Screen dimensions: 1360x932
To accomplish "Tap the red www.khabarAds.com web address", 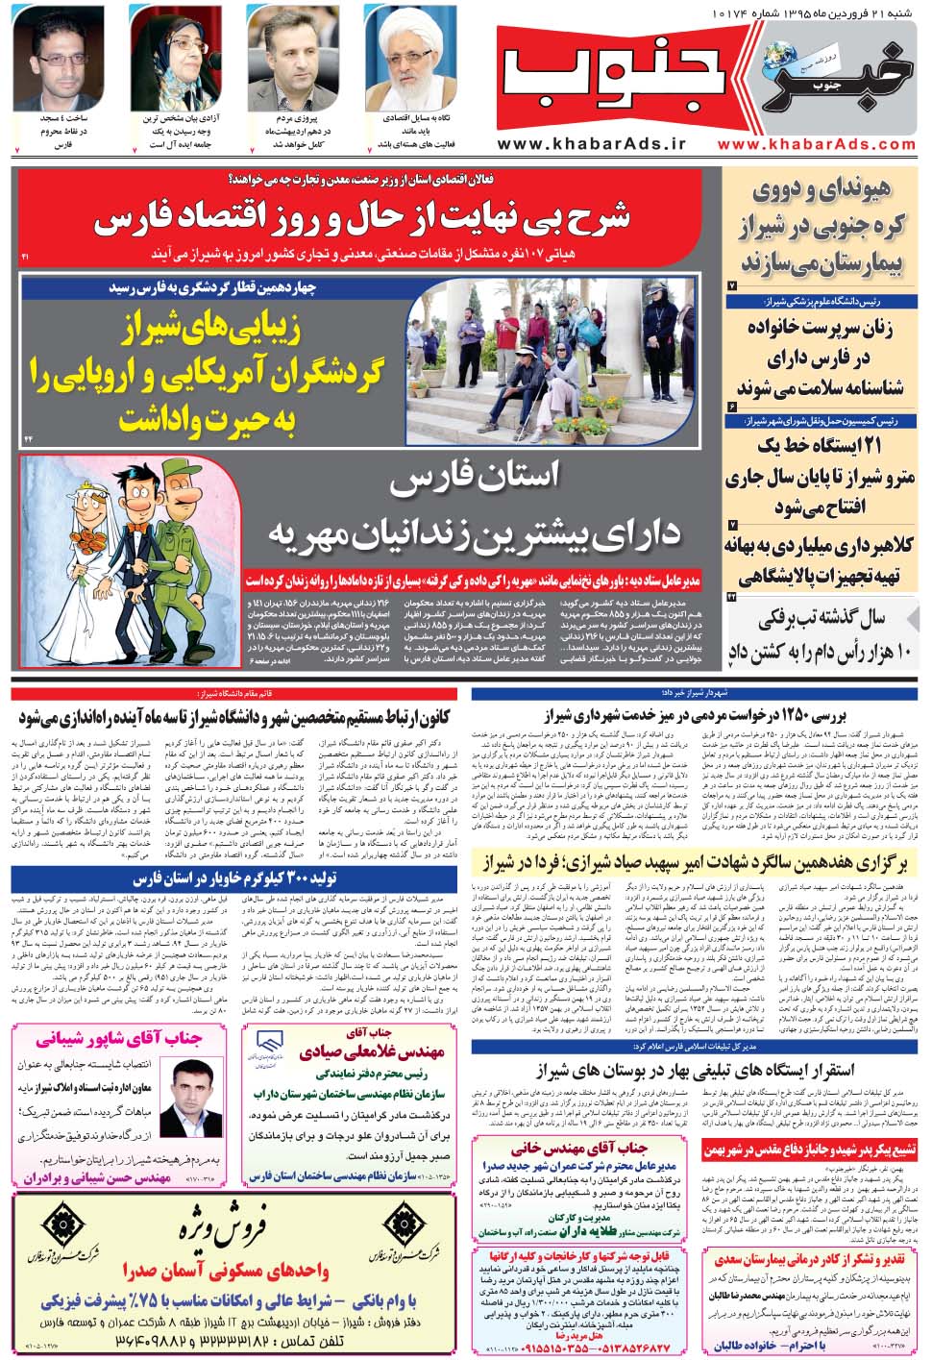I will [816, 143].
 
